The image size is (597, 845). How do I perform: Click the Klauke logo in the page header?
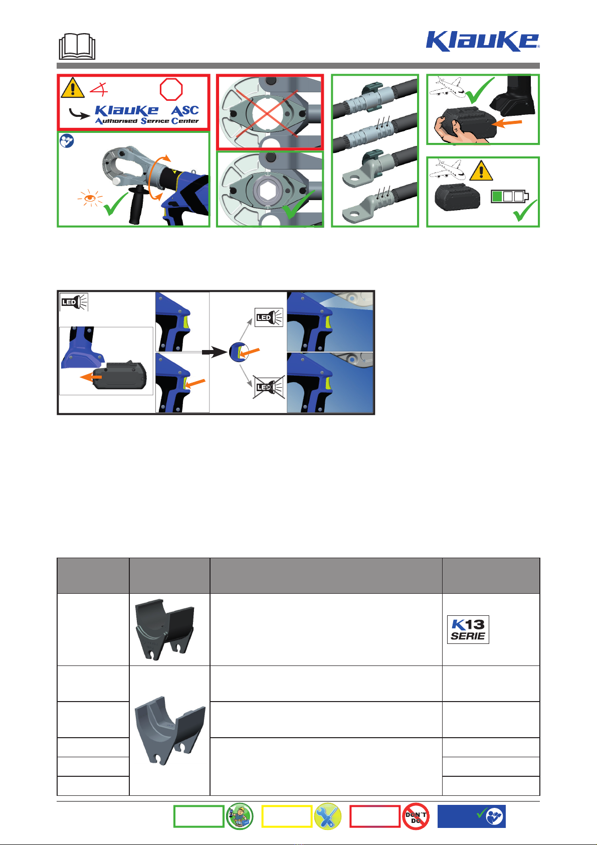(x=482, y=41)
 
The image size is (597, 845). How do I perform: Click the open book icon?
(x=77, y=47)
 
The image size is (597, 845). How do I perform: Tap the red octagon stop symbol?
(x=171, y=89)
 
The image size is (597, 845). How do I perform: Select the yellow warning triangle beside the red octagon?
(x=72, y=88)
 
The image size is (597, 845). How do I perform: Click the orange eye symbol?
(x=90, y=198)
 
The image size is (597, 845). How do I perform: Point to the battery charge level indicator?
(x=509, y=196)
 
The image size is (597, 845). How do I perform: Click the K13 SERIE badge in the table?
(x=468, y=629)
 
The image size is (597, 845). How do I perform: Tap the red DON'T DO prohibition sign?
(x=416, y=816)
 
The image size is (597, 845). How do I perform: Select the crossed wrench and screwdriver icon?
(x=327, y=816)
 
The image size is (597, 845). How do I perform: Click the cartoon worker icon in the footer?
(x=240, y=816)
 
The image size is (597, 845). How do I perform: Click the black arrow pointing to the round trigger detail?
(x=214, y=353)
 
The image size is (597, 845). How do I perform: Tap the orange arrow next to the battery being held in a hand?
(x=508, y=123)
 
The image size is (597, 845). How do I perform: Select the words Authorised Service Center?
(x=147, y=121)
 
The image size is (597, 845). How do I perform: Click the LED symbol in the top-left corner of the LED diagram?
(x=74, y=302)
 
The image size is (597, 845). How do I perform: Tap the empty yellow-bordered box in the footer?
(x=287, y=816)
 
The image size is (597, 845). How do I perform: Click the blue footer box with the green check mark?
(x=471, y=816)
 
